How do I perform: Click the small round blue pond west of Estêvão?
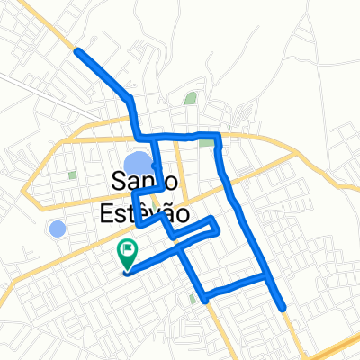(58, 229)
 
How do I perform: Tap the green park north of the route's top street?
(190, 98)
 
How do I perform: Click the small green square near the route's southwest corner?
(193, 298)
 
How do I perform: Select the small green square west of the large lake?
(72, 175)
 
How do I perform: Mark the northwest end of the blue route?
(77, 51)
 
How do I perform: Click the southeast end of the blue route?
(284, 309)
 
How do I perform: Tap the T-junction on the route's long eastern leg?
(267, 278)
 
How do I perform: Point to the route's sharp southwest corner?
(205, 296)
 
